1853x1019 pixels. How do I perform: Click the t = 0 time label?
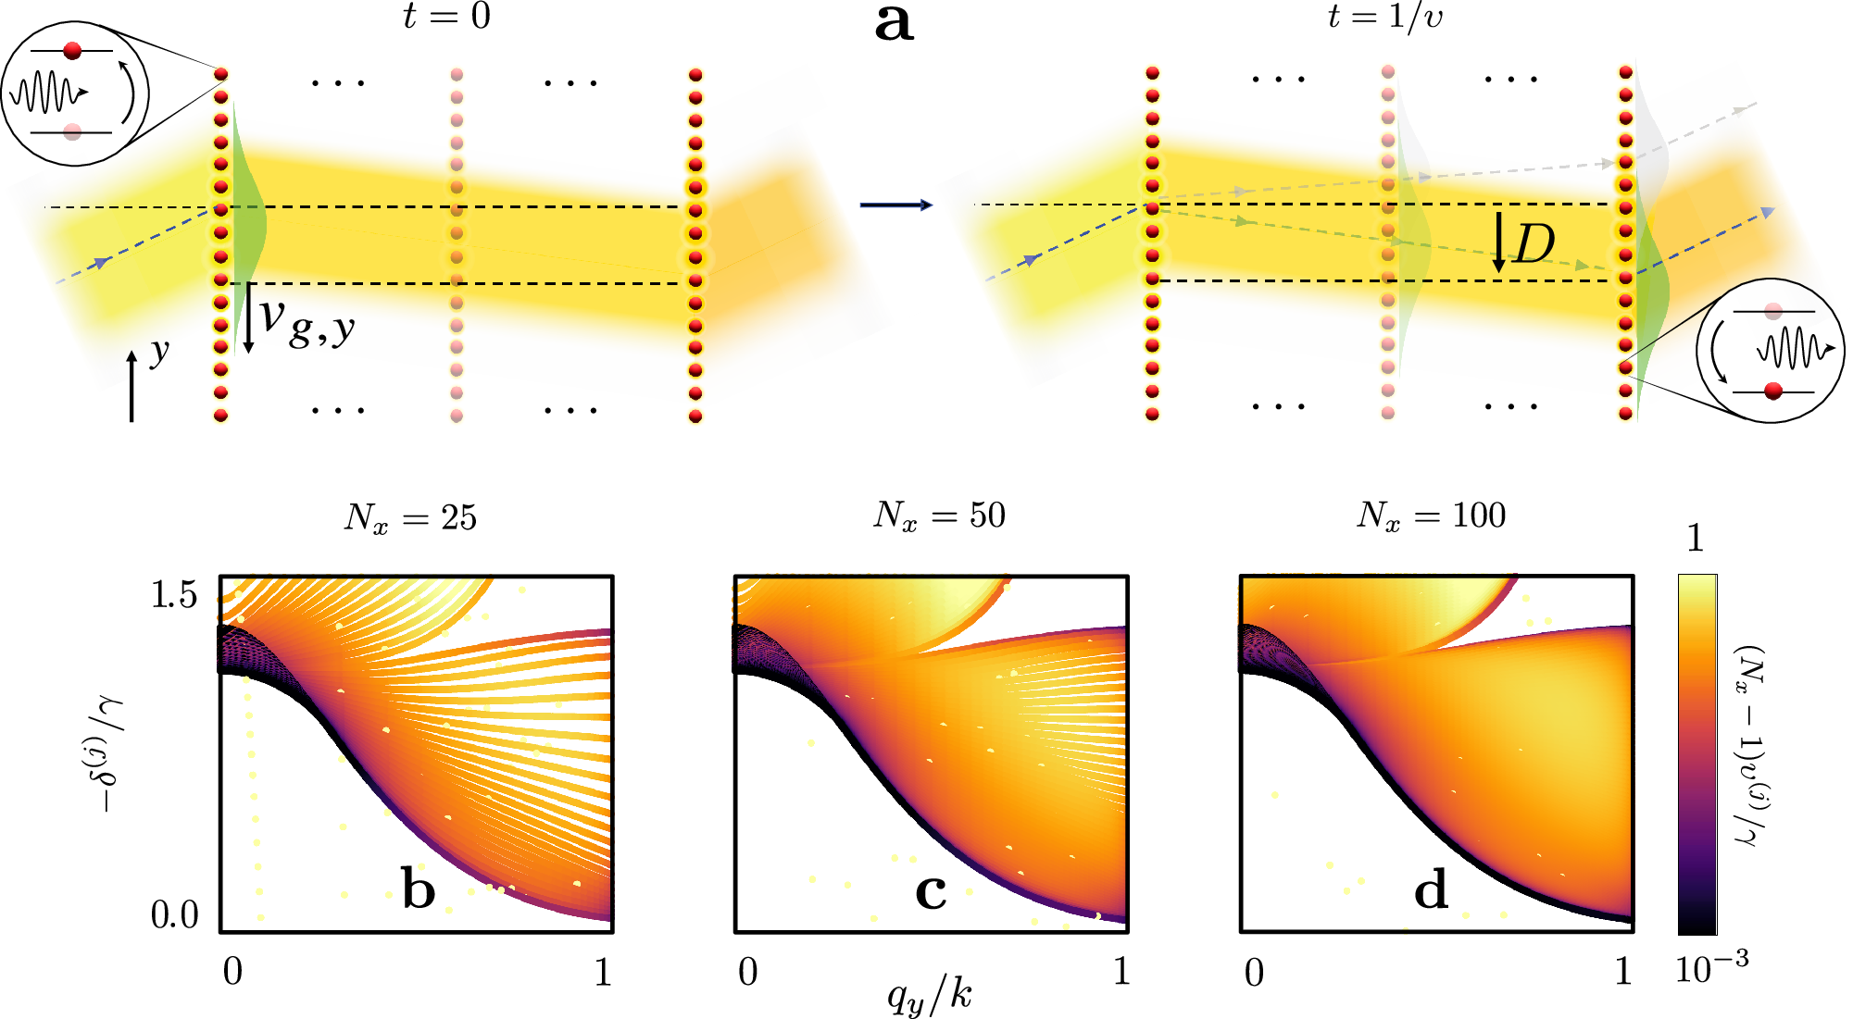pyautogui.click(x=446, y=16)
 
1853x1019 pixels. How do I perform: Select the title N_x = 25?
pyautogui.click(x=410, y=517)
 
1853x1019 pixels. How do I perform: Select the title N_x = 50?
pyautogui.click(x=939, y=516)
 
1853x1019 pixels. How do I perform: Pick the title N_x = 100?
pyautogui.click(x=1431, y=516)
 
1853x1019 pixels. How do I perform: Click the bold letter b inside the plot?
pyautogui.click(x=419, y=889)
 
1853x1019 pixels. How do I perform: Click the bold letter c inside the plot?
pyautogui.click(x=931, y=890)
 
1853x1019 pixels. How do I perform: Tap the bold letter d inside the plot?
pyautogui.click(x=1431, y=889)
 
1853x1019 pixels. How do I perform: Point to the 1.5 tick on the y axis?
pyautogui.click(x=174, y=595)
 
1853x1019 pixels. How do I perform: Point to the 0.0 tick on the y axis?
pyautogui.click(x=174, y=915)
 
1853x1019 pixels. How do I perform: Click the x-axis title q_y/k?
pyautogui.click(x=930, y=997)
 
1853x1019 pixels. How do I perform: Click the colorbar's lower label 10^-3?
pyautogui.click(x=1711, y=969)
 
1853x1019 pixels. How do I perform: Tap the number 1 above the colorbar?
pyautogui.click(x=1695, y=539)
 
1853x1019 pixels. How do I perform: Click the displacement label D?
pyautogui.click(x=1534, y=245)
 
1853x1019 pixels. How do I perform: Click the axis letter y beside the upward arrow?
pyautogui.click(x=160, y=352)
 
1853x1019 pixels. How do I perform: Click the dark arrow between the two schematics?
pyautogui.click(x=895, y=205)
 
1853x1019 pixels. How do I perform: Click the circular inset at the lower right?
pyautogui.click(x=1770, y=351)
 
